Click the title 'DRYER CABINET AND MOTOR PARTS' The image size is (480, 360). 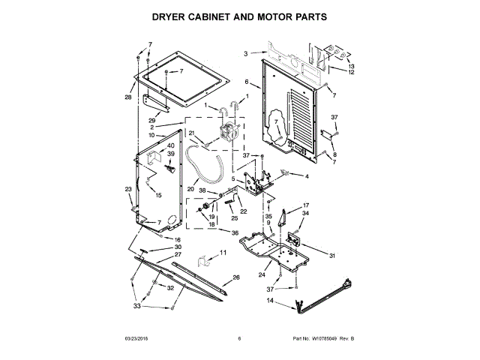[x=240, y=15]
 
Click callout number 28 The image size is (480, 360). [x=127, y=97]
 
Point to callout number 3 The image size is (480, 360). [x=245, y=53]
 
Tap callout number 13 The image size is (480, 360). [x=351, y=66]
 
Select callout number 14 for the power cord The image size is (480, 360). [x=270, y=301]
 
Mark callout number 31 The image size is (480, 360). [x=333, y=253]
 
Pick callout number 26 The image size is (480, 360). [x=236, y=278]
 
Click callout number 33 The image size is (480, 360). [x=136, y=306]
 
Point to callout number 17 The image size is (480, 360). [x=305, y=205]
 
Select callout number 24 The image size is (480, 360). [x=262, y=274]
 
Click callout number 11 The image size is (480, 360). [x=222, y=254]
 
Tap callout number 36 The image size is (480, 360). [x=235, y=233]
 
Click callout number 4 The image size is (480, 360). [x=306, y=176]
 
